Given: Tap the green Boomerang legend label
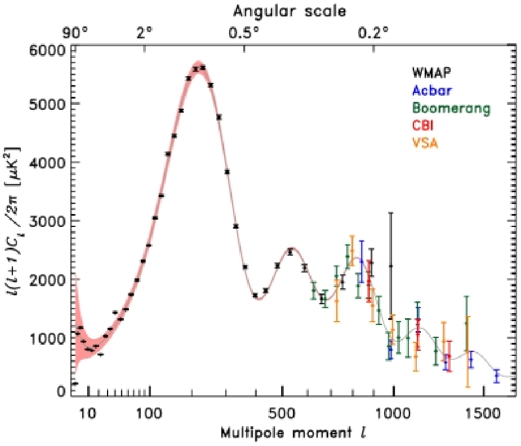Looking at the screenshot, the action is pos(451,108).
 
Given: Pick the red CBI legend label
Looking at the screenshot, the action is pos(423,126).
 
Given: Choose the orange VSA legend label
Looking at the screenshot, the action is pos(425,143).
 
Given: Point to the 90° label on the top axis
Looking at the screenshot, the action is pos(79,33).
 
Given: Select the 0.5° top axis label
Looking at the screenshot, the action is pos(244,33).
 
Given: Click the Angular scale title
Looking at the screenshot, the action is pos(289,11).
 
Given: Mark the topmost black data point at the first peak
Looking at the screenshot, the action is pos(203,68).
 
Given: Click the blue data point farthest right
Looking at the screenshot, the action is pos(497,376).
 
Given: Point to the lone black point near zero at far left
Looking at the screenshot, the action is pos(74,383).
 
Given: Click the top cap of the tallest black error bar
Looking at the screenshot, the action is pos(391,213).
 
